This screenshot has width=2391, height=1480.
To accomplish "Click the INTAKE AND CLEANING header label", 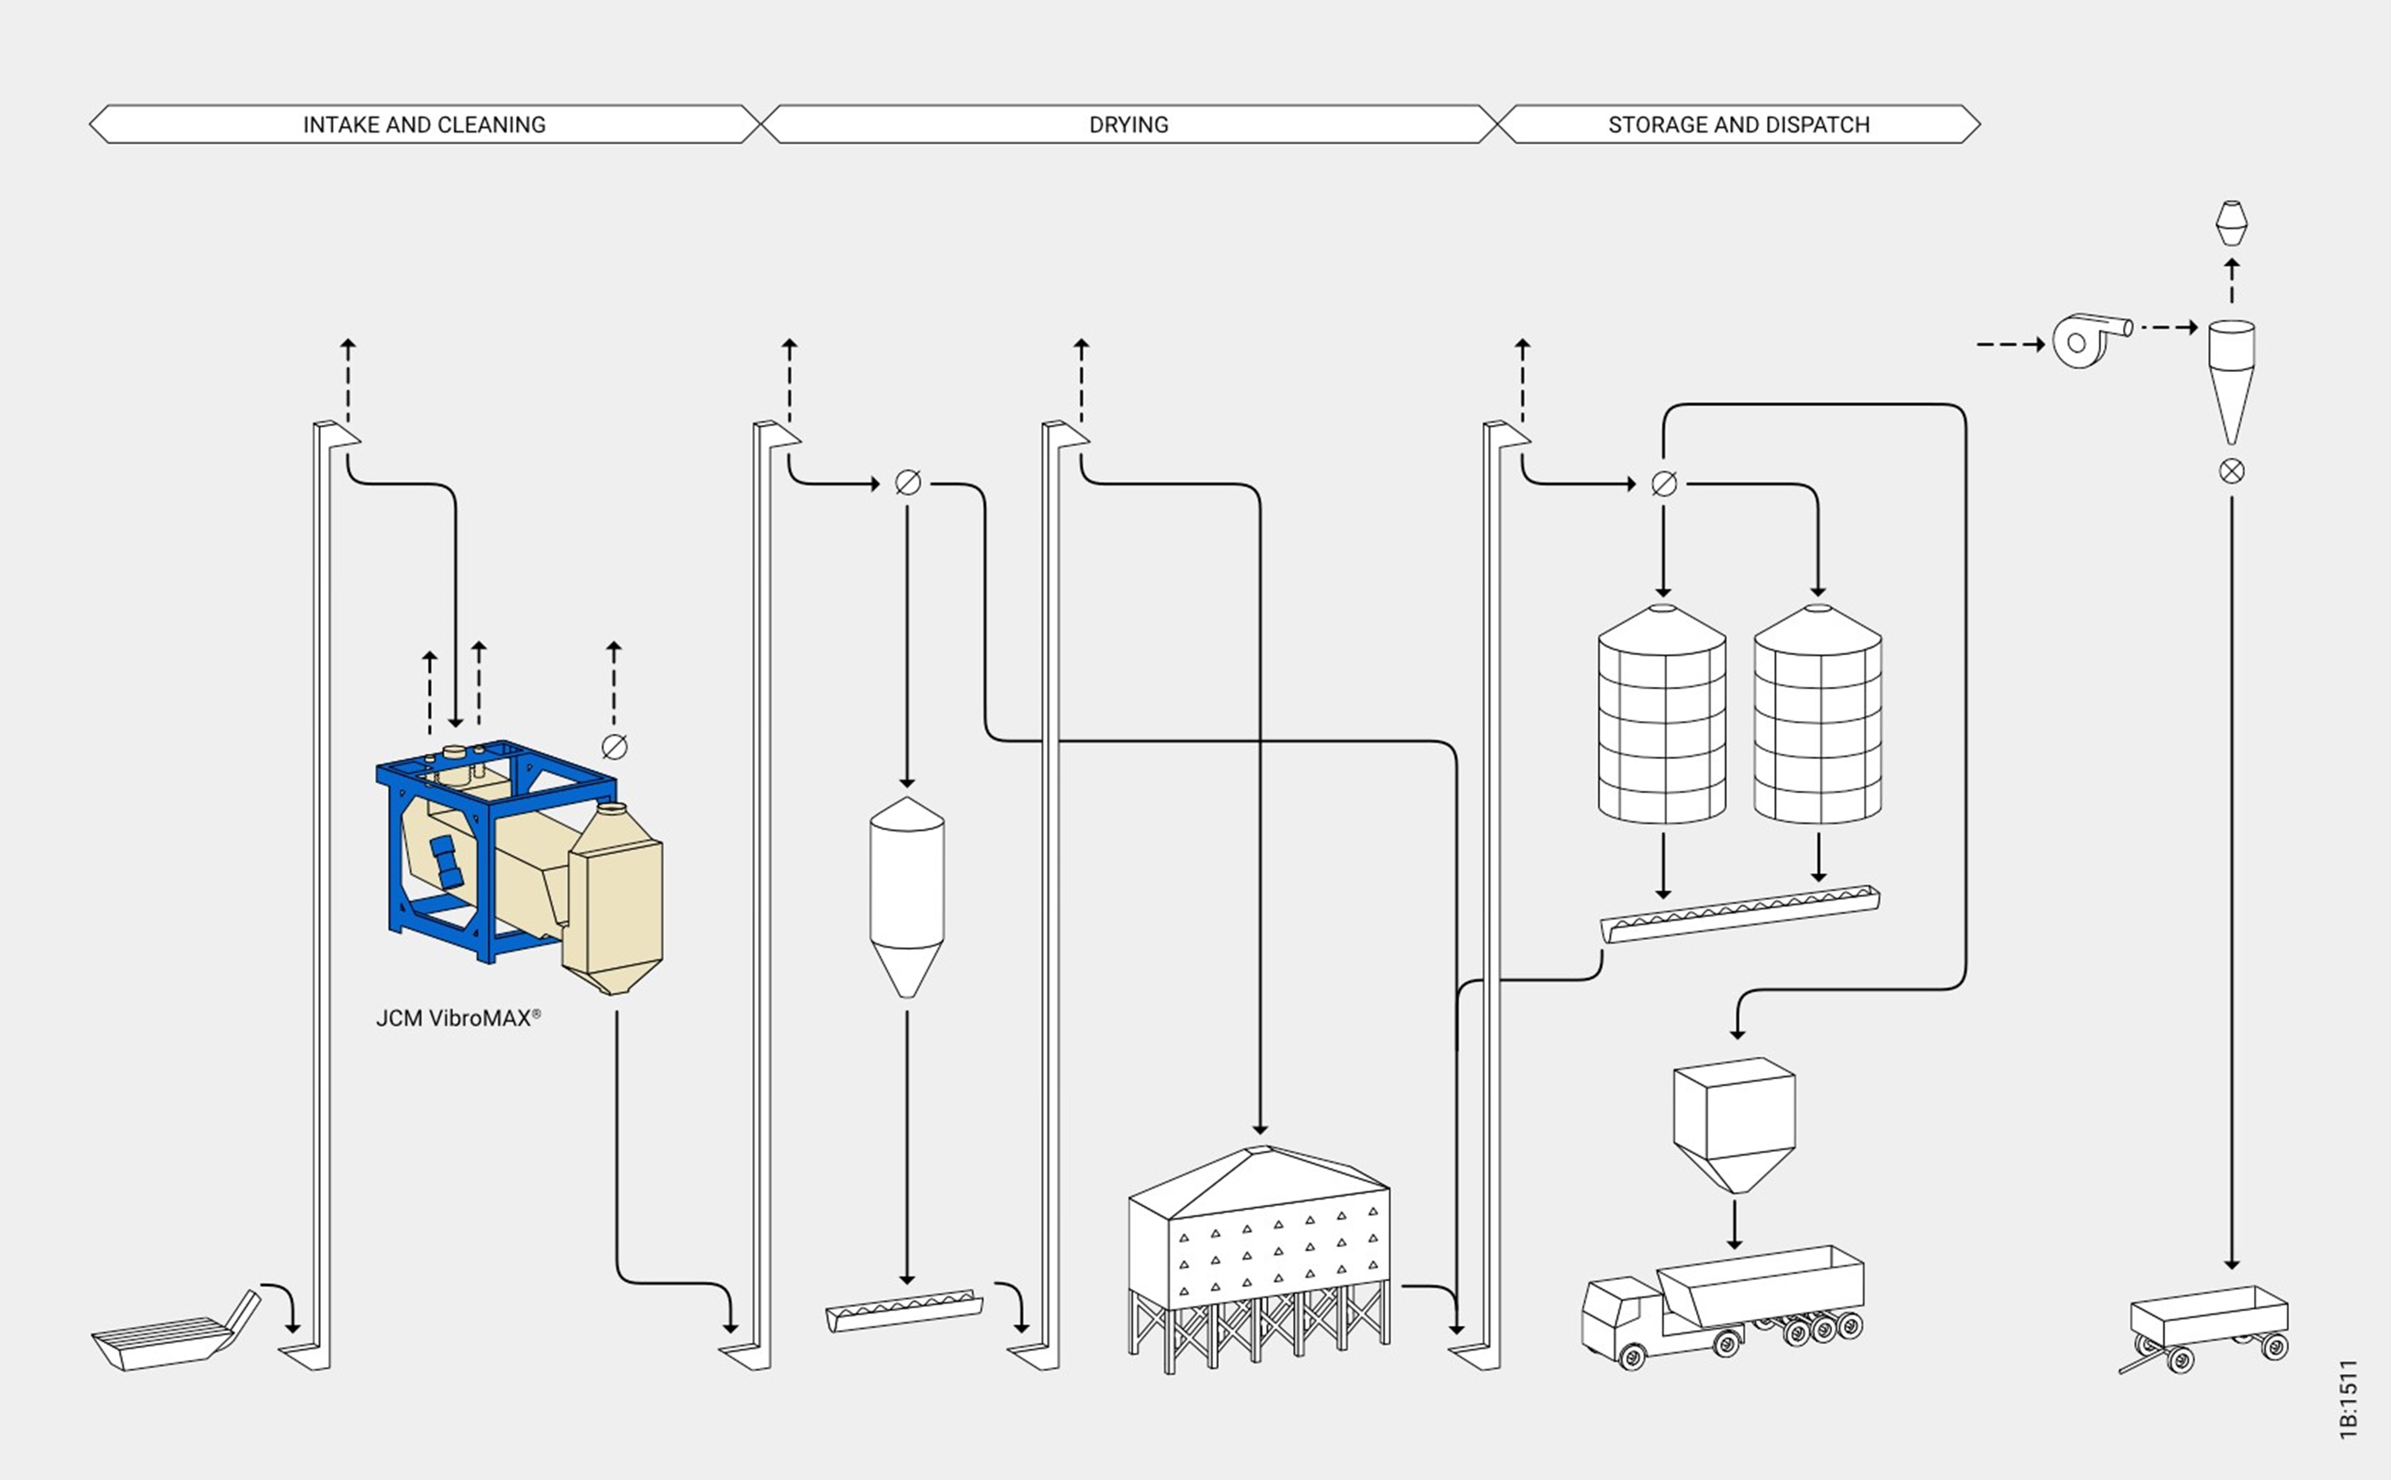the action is [424, 124].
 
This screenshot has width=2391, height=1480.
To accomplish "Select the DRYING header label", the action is [1129, 124].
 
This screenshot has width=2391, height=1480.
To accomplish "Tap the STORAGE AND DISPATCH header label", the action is [1738, 124].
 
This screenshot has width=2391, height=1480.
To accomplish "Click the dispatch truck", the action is [1722, 1307].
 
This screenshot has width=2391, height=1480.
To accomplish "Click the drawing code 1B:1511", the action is [2349, 1400].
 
